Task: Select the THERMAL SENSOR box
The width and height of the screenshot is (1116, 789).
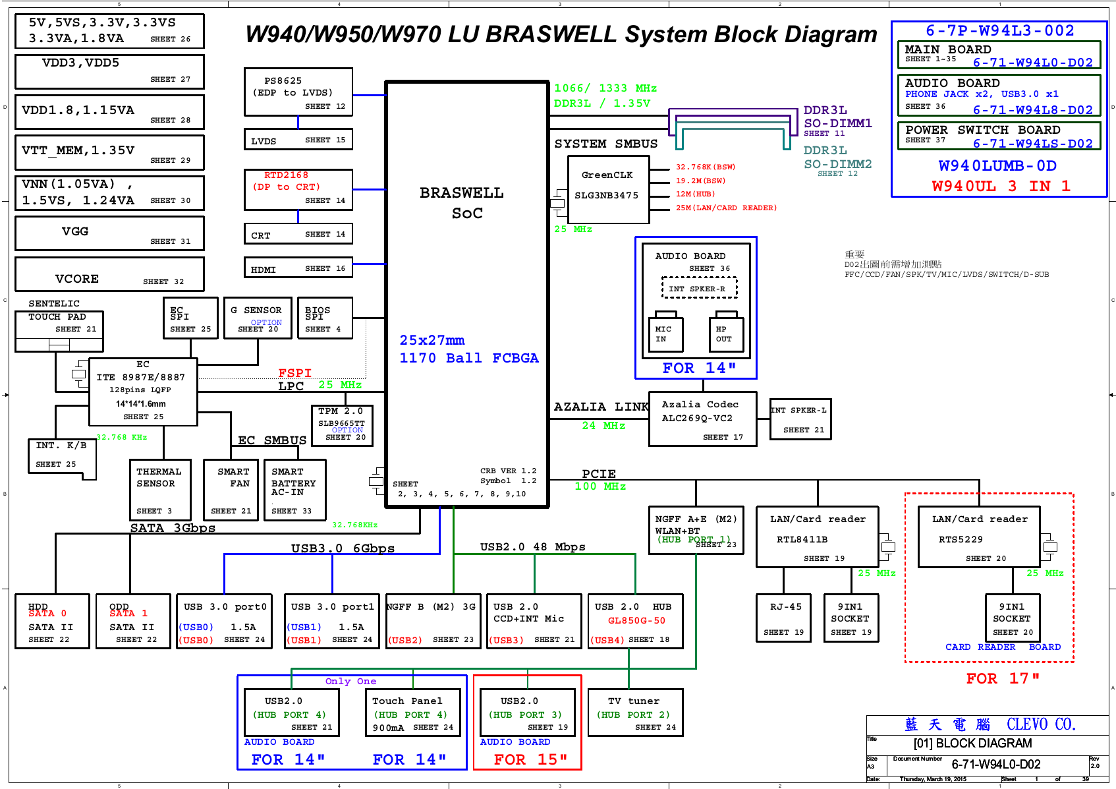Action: [160, 490]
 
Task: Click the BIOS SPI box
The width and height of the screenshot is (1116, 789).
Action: [325, 318]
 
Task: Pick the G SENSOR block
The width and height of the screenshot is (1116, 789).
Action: [258, 318]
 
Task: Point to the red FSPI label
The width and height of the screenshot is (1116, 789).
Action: [294, 373]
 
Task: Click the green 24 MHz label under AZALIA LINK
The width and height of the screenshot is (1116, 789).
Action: [603, 426]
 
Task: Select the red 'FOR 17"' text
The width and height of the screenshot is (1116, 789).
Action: [1002, 678]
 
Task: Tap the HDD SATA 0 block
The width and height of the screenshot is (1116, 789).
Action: [52, 621]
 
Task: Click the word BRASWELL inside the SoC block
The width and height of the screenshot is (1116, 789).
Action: [461, 193]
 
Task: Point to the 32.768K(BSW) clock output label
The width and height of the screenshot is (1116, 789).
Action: [705, 167]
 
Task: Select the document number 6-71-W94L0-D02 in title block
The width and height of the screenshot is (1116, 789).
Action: [995, 765]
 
